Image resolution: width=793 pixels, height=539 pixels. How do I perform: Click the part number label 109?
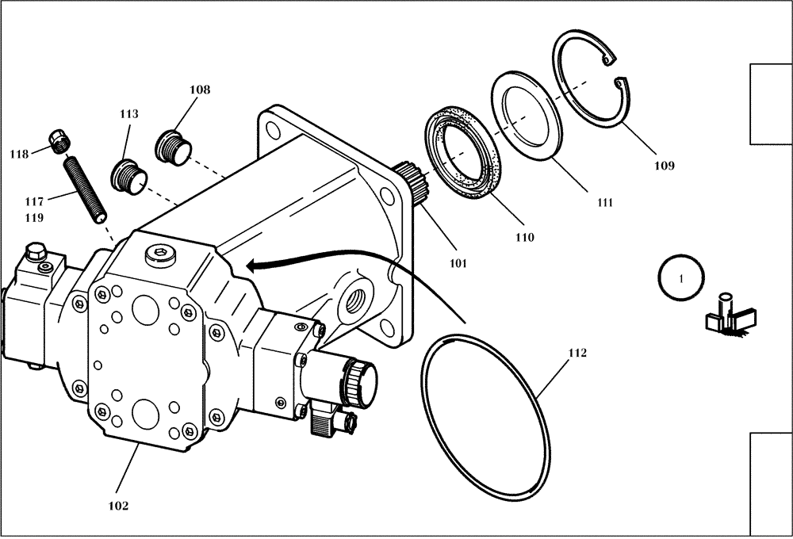pos(664,166)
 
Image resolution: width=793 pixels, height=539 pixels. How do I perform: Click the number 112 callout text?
pos(577,353)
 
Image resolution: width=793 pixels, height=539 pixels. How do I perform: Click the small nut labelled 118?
pos(60,141)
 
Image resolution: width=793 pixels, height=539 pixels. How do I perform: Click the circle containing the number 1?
pos(681,278)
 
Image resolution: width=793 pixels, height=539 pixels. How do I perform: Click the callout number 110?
pos(524,237)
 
